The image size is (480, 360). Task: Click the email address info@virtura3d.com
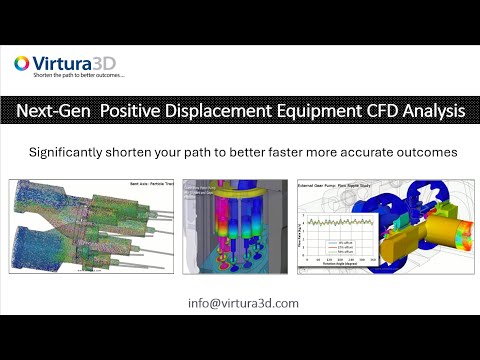(x=239, y=303)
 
